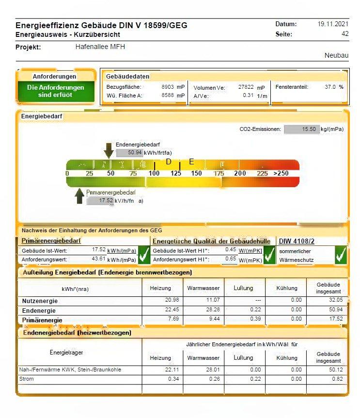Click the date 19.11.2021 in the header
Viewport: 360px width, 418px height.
coord(333,24)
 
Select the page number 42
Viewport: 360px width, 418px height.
coord(344,34)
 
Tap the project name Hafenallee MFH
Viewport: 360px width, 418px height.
coord(100,47)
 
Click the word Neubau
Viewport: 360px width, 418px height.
coord(336,56)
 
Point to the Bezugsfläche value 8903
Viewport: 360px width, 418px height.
coord(167,87)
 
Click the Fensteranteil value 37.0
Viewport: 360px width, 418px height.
coord(330,87)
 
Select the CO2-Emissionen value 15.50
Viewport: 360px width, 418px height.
coord(309,129)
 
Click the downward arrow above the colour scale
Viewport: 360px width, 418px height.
coord(109,150)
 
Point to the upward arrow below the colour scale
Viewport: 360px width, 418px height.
coord(79,196)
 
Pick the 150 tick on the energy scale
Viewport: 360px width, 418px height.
coord(196,174)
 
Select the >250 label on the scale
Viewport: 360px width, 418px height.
coord(281,174)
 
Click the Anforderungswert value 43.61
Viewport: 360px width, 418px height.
coord(98,259)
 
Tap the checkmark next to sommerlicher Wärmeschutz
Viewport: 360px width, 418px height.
coord(341,255)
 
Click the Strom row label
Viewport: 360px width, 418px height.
coord(27,379)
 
